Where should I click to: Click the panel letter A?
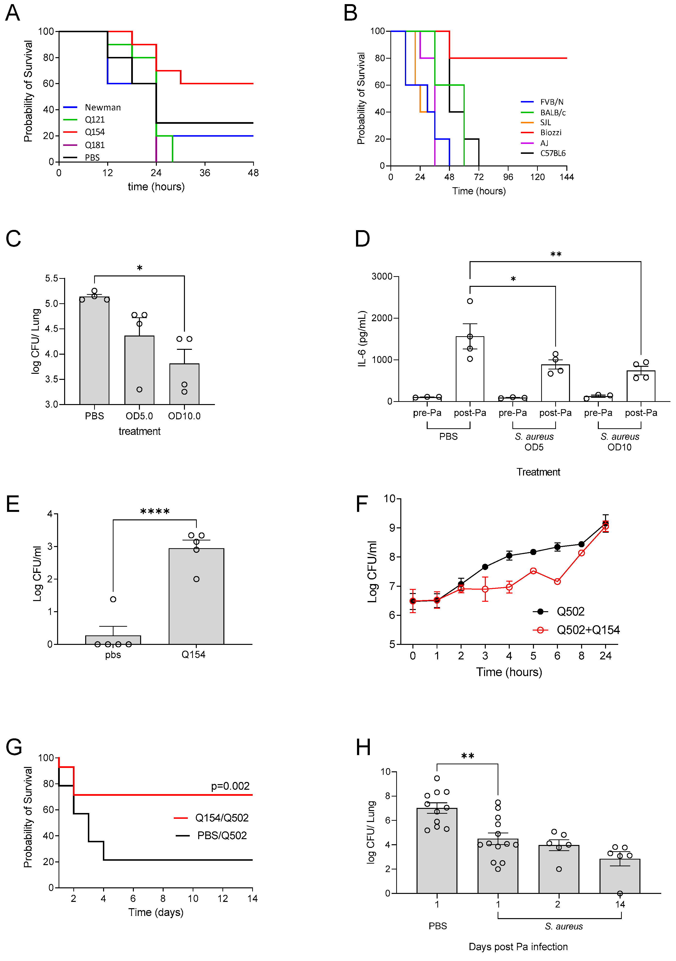(x=13, y=13)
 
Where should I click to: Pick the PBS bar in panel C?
(x=94, y=351)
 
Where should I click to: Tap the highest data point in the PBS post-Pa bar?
(x=470, y=301)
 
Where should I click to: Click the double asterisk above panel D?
(x=556, y=254)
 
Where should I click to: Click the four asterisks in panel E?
(x=155, y=511)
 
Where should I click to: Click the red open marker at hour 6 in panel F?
(x=557, y=581)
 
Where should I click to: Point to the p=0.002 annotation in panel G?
(x=230, y=786)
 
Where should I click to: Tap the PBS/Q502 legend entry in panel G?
(x=221, y=836)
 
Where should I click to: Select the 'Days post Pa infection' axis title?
(x=518, y=947)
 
